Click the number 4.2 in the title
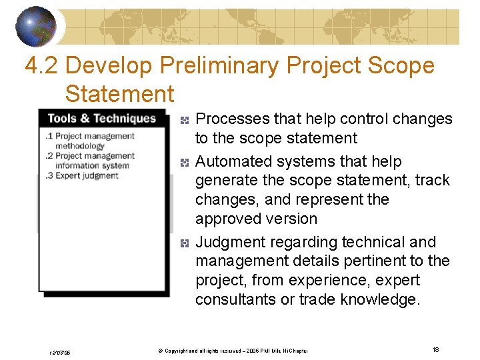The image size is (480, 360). [41, 65]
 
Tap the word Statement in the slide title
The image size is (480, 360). [119, 94]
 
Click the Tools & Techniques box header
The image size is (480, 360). [101, 119]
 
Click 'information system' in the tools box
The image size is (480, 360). [92, 165]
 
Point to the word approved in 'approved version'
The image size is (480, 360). [225, 219]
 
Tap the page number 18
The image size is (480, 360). [435, 350]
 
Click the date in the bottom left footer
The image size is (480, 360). [59, 352]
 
